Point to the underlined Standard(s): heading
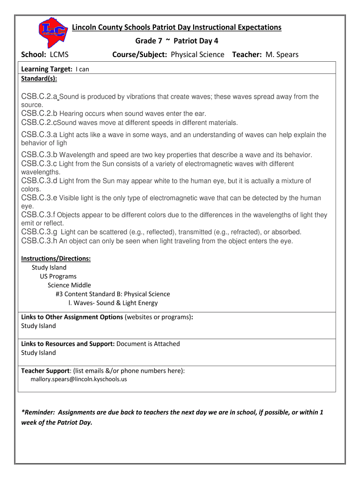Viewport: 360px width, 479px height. pos(39,78)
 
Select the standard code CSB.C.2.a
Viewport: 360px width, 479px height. pos(39,97)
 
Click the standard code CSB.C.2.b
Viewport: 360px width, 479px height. pos(39,114)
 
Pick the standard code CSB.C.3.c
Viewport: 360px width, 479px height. pos(39,164)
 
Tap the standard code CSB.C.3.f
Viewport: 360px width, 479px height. pos(38,215)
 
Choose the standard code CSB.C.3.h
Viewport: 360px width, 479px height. pos(39,241)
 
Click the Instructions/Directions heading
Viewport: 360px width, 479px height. pos(56,259)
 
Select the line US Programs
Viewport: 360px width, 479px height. pos(58,276)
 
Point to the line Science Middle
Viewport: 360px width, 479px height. pos(69,285)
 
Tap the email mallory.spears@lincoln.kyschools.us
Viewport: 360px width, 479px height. pos(79,379)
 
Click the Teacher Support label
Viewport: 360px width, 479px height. pos(45,371)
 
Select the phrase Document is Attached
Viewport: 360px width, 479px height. pos(148,344)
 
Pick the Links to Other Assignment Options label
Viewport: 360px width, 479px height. pos(72,317)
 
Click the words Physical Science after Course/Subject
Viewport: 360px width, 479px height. pos(197,55)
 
